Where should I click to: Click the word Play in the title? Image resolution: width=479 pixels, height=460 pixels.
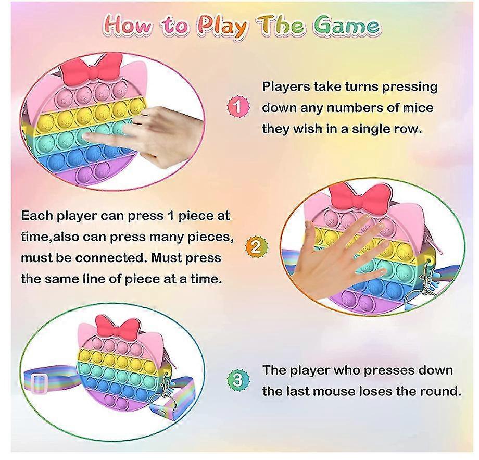coord(222,27)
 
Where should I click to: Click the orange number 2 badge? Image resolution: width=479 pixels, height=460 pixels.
coord(257,246)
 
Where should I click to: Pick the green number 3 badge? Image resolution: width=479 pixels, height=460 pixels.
coord(238,380)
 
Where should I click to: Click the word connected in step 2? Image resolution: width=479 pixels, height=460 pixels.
coord(110,258)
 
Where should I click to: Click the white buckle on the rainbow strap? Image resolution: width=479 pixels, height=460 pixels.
coord(40,384)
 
